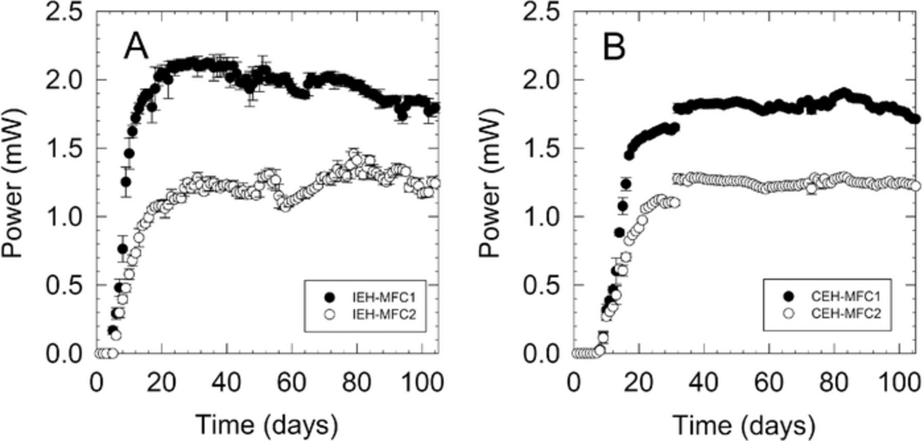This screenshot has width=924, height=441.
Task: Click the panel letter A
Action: pyautogui.click(x=136, y=48)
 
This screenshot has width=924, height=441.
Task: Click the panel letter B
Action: pyautogui.click(x=614, y=48)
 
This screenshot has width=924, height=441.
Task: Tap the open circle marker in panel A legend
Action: pyautogui.click(x=330, y=314)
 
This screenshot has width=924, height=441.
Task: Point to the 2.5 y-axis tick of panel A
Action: pyautogui.click(x=64, y=13)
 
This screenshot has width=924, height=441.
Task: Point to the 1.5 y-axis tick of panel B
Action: pyautogui.click(x=541, y=148)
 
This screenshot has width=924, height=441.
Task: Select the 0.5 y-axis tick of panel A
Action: pyautogui.click(x=64, y=285)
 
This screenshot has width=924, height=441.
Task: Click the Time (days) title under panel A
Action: pyautogui.click(x=267, y=425)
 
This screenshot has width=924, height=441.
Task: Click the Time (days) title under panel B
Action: pyautogui.click(x=744, y=425)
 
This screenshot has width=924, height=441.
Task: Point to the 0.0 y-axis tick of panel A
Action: pyautogui.click(x=64, y=354)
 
